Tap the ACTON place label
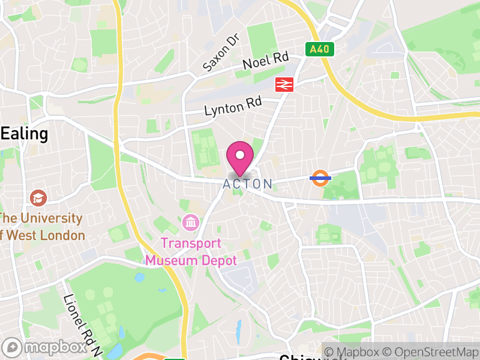pyautogui.click(x=247, y=184)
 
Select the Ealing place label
pyautogui.click(x=24, y=133)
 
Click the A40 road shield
pyautogui.click(x=319, y=49)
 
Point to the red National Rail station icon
pyautogui.click(x=284, y=85)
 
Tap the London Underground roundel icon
pyautogui.click(x=320, y=178)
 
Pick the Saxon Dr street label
pyautogui.click(x=221, y=53)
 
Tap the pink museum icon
pyautogui.click(x=191, y=223)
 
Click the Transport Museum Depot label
pyautogui.click(x=191, y=252)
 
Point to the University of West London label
pyautogui.click(x=42, y=226)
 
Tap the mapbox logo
pyautogui.click(x=46, y=347)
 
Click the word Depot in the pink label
pyautogui.click(x=218, y=260)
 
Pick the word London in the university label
pyautogui.click(x=62, y=235)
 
